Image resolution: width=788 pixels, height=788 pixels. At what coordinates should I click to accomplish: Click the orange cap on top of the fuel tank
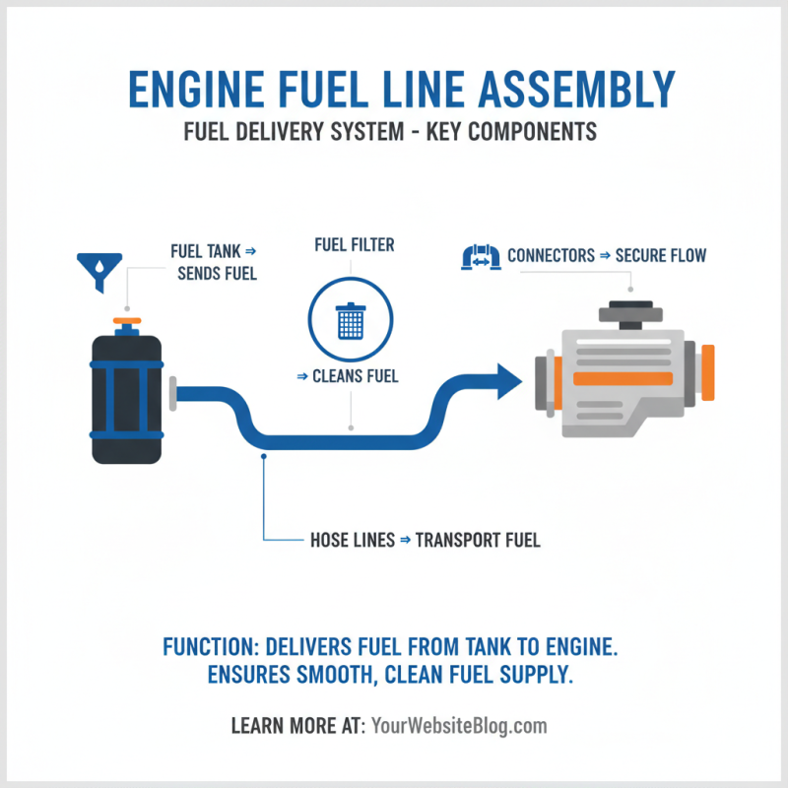[x=127, y=322]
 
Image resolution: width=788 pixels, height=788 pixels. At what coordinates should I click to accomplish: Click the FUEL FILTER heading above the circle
[x=354, y=244]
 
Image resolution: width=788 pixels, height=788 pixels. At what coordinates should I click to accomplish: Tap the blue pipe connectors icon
[x=481, y=257]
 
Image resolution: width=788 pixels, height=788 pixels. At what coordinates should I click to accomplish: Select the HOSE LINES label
[x=352, y=540]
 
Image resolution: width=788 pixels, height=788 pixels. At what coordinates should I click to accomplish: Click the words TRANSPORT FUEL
[x=478, y=540]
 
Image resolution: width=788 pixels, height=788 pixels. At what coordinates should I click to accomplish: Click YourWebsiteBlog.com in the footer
[x=458, y=727]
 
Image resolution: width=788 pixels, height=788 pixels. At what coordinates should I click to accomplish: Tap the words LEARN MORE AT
[x=297, y=727]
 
